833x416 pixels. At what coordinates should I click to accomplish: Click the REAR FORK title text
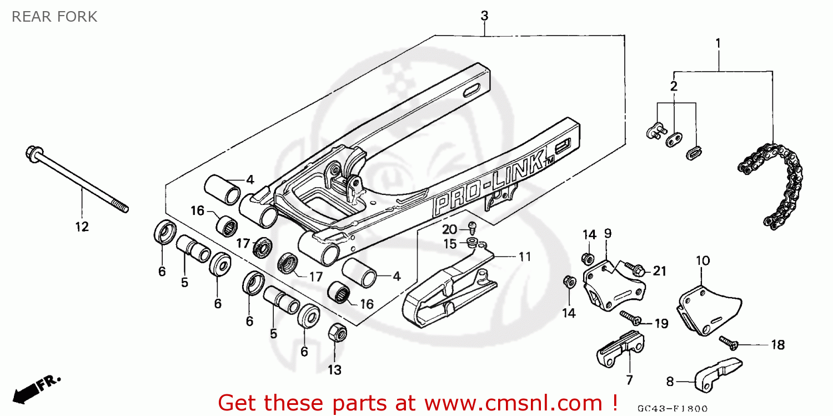54,17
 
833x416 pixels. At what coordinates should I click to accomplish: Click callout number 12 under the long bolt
82,227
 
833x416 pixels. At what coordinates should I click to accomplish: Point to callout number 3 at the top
484,16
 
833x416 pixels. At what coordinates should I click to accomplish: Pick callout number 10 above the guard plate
702,260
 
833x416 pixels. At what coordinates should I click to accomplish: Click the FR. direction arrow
33,389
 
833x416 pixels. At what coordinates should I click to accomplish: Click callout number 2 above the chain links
673,86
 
